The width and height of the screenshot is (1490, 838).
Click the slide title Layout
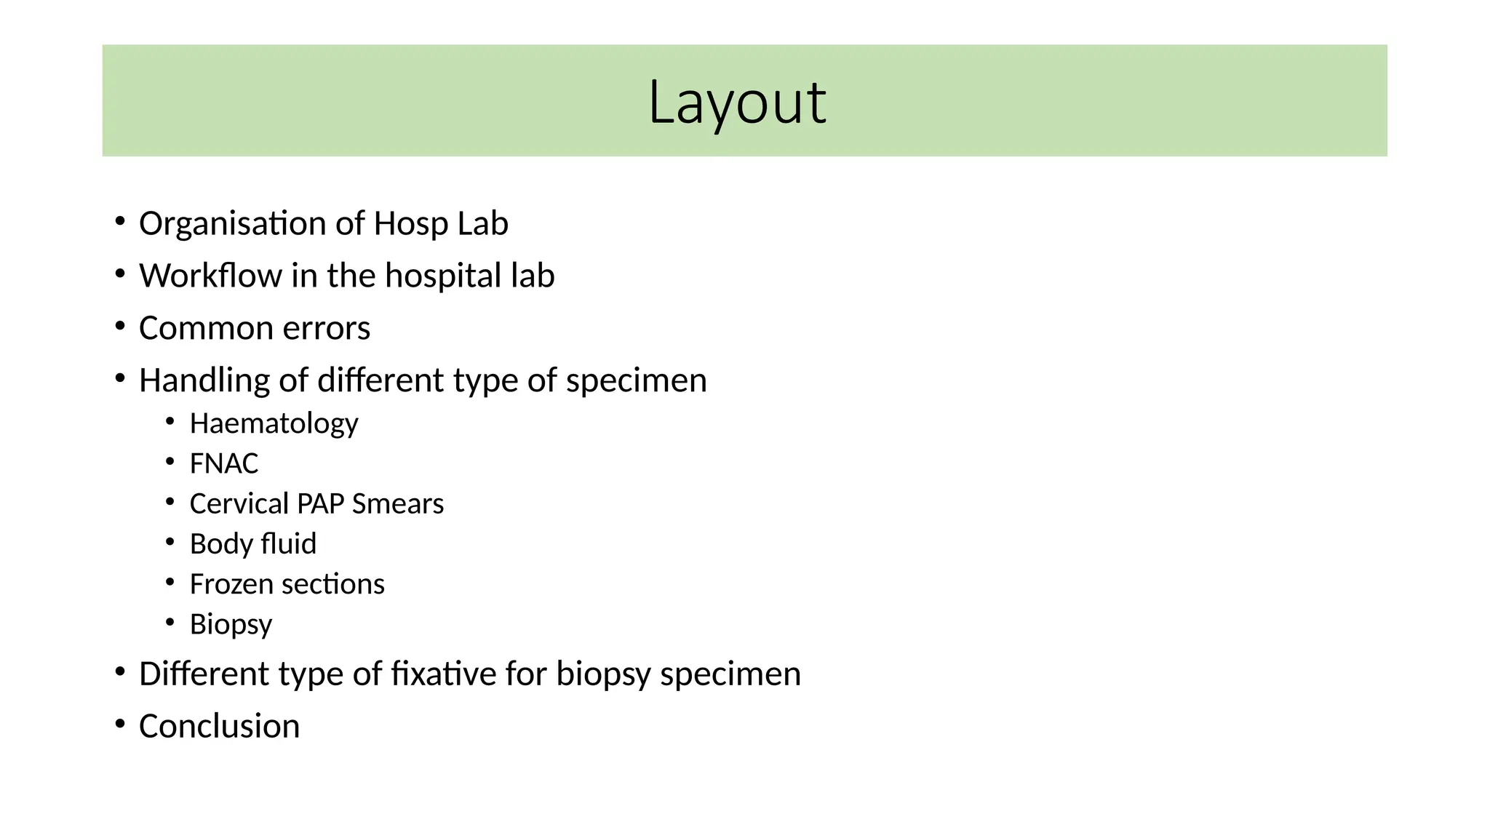736,102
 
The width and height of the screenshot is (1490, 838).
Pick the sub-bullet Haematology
274,424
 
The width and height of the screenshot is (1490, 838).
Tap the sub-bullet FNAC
223,464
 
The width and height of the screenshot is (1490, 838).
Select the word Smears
397,504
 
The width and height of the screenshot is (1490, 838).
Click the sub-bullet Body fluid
252,544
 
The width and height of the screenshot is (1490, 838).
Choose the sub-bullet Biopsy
231,625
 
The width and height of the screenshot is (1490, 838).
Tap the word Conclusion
219,727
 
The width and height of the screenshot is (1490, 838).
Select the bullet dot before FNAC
170,462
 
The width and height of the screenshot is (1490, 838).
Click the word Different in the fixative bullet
204,674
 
